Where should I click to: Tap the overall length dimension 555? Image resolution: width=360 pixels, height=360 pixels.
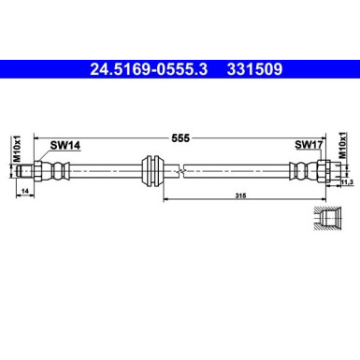tap(181, 137)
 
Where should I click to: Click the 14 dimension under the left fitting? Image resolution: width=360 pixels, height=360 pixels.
tap(25, 191)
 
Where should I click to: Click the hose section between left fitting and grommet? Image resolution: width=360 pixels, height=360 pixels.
tap(103, 171)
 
